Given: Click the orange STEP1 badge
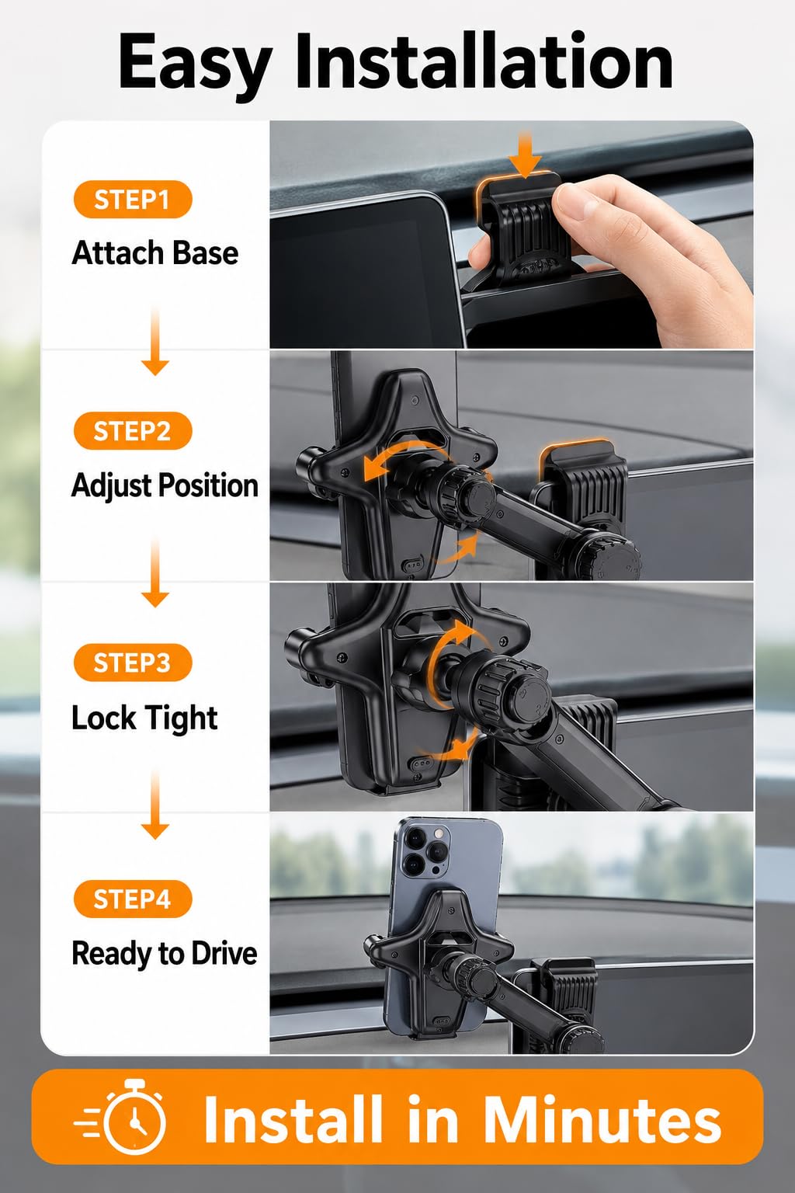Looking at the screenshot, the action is click(133, 200).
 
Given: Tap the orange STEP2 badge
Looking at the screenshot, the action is click(133, 431).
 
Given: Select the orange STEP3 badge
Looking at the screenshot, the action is click(133, 663).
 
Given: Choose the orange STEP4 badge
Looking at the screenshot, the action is click(133, 899).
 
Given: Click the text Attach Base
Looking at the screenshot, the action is click(155, 253).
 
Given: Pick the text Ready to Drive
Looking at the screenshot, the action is click(165, 953).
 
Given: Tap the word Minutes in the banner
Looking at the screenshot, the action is click(603, 1119).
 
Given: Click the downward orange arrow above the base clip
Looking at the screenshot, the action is click(525, 155).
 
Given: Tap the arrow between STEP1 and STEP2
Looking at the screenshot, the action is click(155, 342).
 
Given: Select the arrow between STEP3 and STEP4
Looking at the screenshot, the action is click(155, 805).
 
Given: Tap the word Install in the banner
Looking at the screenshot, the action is click(293, 1118).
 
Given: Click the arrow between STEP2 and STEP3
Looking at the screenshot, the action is click(155, 573).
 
